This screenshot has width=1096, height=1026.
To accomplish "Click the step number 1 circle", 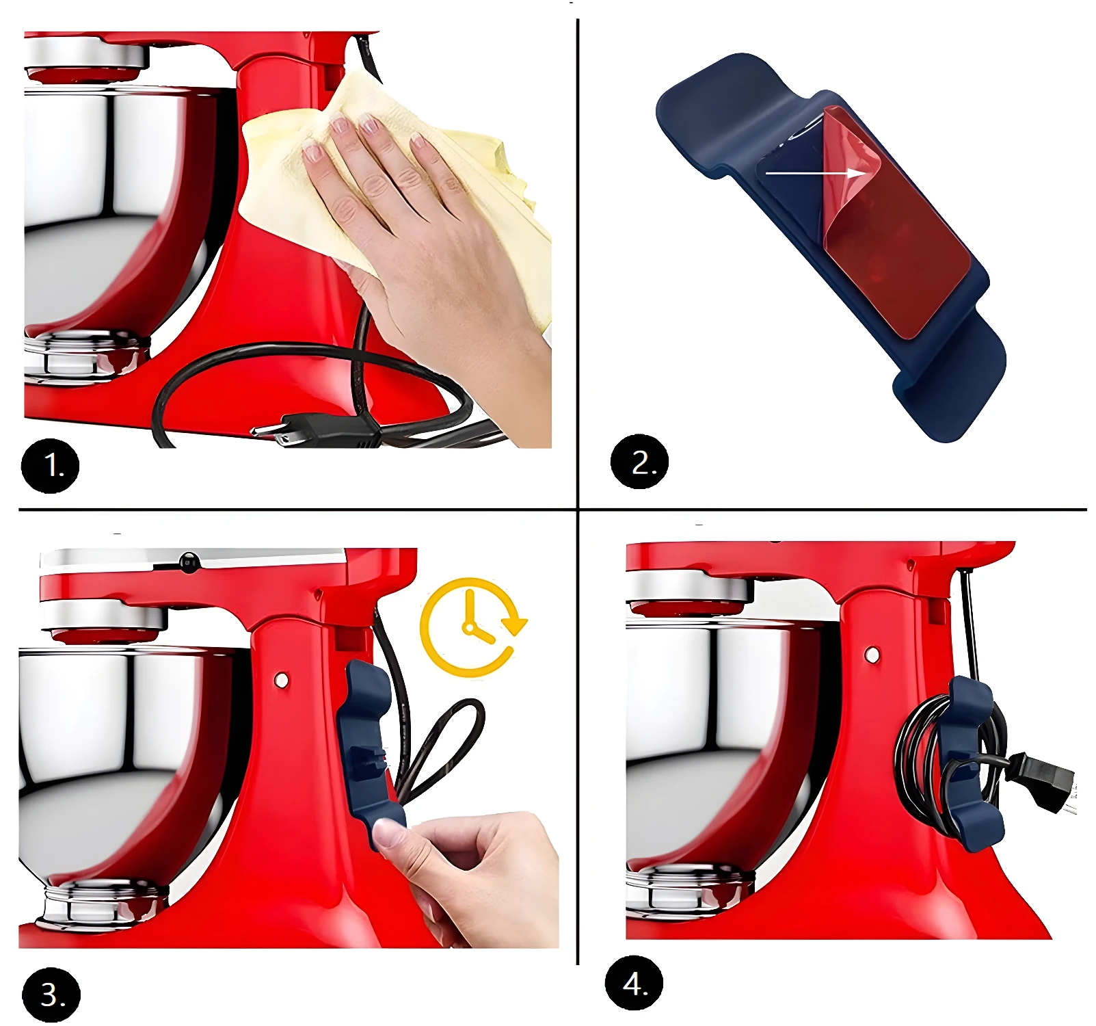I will (x=50, y=466).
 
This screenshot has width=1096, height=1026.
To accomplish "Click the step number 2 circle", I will (x=639, y=462).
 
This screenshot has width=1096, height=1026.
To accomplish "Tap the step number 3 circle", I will (x=51, y=995).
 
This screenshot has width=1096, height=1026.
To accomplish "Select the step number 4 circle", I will (x=634, y=983).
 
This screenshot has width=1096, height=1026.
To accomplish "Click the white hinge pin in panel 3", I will (x=281, y=680).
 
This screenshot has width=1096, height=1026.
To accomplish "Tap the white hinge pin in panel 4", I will (x=872, y=655).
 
